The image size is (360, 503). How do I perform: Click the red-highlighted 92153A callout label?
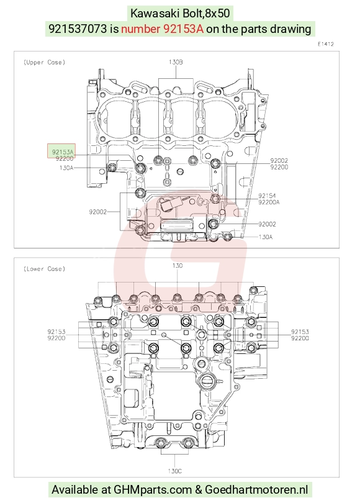63,152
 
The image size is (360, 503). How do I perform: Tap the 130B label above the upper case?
176,62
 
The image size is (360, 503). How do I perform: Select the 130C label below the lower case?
174,471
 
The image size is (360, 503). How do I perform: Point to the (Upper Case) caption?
44,62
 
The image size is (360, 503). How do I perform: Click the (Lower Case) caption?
44,268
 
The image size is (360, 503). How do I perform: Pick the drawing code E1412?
326,44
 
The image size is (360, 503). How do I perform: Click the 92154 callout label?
267,196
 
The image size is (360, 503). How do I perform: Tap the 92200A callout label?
269,202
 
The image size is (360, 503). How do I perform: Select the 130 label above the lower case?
178,265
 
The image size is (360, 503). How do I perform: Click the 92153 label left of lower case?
56,332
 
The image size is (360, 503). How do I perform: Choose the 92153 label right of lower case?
300,332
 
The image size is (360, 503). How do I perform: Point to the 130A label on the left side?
66,168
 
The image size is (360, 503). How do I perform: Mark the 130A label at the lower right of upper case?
266,237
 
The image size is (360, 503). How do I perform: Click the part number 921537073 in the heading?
78,29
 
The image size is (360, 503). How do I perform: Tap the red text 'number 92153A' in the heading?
162,29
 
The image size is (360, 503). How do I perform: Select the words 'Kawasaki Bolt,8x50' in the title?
180,14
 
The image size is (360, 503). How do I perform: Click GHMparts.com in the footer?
153,490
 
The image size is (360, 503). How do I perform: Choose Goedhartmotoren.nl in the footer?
256,490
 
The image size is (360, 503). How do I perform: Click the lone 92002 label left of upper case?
98,212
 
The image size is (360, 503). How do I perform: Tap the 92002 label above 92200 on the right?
279,160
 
